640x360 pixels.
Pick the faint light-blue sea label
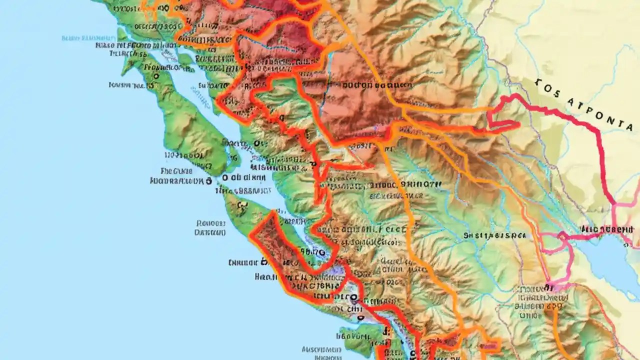[83, 38]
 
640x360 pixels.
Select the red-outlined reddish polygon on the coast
[290, 260]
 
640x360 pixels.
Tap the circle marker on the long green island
[155, 76]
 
